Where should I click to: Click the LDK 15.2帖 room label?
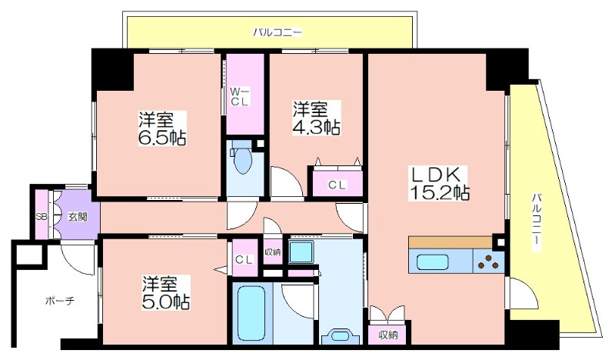pyautogui.click(x=439, y=183)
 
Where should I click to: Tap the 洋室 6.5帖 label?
pyautogui.click(x=162, y=128)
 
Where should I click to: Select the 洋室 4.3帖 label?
pyautogui.click(x=316, y=118)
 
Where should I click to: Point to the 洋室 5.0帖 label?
pyautogui.click(x=166, y=292)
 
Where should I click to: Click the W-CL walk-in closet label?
pyautogui.click(x=239, y=97)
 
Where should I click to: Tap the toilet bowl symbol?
pyautogui.click(x=242, y=160)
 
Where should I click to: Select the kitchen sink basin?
pyautogui.click(x=432, y=262)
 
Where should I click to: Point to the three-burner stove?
pyautogui.click(x=488, y=262)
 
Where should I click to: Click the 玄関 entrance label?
pyautogui.click(x=78, y=217)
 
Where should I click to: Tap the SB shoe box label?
pyautogui.click(x=42, y=216)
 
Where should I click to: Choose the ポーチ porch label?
pyautogui.click(x=60, y=301)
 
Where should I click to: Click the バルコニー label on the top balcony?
pyautogui.click(x=278, y=32)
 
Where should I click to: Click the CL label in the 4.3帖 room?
pyautogui.click(x=337, y=185)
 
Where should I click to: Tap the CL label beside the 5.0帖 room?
pyautogui.click(x=244, y=259)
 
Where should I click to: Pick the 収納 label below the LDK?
pyautogui.click(x=388, y=335)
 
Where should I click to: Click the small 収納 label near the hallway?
pyautogui.click(x=273, y=252)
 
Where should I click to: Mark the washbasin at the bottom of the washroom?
pyautogui.click(x=340, y=336)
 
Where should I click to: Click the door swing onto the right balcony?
pyautogui.click(x=523, y=293)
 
